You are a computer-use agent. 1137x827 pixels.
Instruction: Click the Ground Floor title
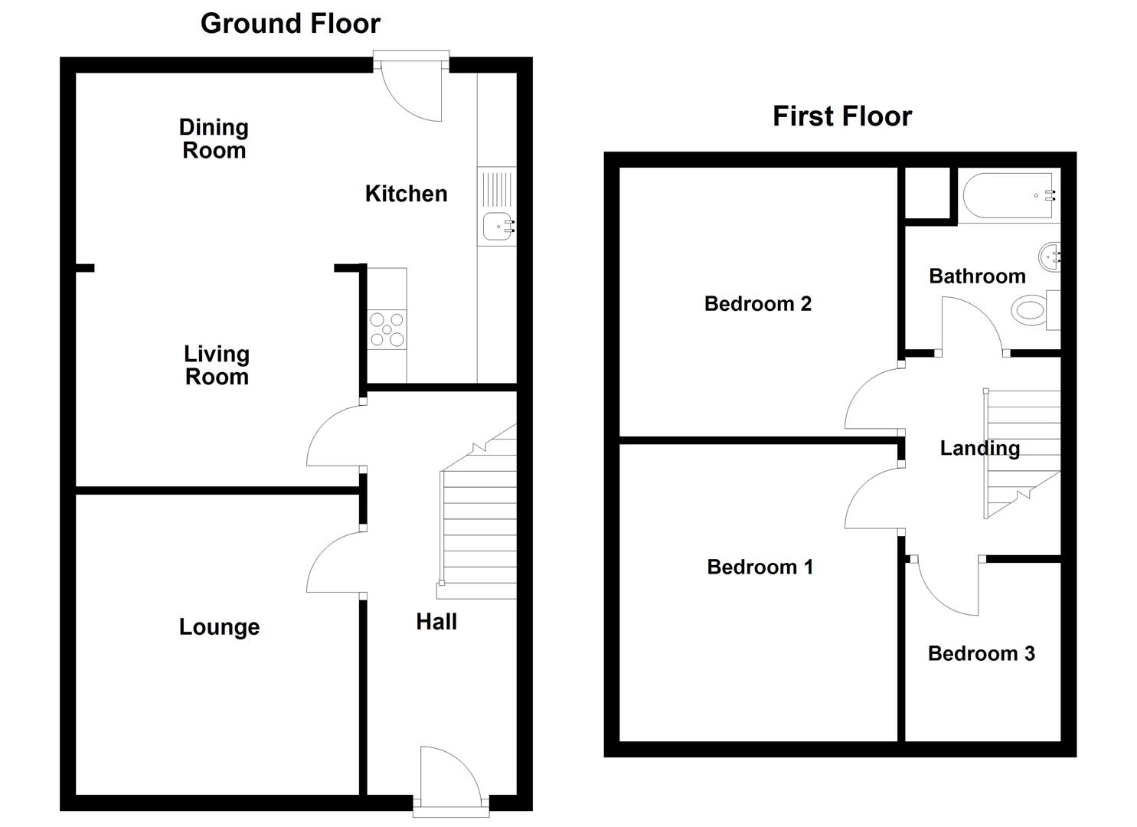[x=290, y=24]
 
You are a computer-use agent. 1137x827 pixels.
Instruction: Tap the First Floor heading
[x=842, y=116]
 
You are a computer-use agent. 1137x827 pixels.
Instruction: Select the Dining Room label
[x=214, y=139]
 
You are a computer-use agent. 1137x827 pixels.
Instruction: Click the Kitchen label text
[x=406, y=194]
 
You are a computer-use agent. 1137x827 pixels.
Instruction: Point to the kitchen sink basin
[x=498, y=226]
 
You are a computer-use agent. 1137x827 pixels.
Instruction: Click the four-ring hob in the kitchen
[x=387, y=329]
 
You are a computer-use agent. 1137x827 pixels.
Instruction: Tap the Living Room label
[x=217, y=365]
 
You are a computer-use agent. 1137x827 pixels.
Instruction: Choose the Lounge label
[x=219, y=627]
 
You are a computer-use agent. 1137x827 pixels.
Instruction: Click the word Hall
[x=436, y=622]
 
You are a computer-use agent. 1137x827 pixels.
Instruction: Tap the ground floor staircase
[x=478, y=513]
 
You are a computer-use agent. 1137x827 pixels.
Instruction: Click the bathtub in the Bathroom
[x=1008, y=195]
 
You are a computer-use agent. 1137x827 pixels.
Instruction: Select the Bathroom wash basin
[x=1050, y=257]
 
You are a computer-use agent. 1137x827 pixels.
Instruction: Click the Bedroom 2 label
[x=758, y=303]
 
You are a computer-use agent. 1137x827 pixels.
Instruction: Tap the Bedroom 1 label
[x=760, y=567]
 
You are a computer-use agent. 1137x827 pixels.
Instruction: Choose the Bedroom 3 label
[x=981, y=653]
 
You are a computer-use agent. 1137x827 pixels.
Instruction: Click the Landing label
[x=979, y=449]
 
